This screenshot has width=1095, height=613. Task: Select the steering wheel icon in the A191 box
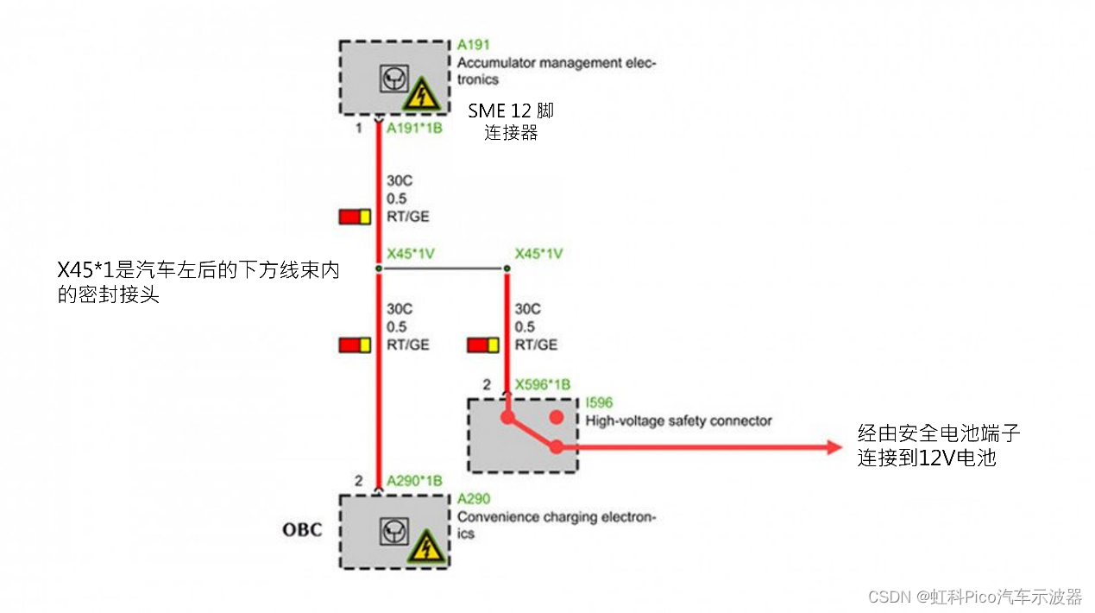pos(392,79)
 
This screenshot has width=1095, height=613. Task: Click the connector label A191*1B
pos(414,129)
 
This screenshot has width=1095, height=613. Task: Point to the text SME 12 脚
pos(511,111)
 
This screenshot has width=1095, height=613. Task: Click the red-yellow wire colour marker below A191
pos(355,217)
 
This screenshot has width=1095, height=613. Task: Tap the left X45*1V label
pos(410,254)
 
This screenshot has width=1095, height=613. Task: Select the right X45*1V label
pos(538,254)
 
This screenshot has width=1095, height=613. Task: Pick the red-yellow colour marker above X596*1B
pos(483,345)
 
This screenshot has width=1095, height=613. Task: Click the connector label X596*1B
pos(542,384)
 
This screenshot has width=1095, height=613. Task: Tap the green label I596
pos(599,403)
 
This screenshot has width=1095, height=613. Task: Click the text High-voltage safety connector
pos(678,420)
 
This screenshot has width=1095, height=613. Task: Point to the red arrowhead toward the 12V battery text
pos(833,446)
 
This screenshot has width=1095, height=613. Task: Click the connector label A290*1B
pos(414,480)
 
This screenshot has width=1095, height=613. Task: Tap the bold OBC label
pos(302,529)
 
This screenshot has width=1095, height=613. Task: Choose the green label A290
pos(473,499)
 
